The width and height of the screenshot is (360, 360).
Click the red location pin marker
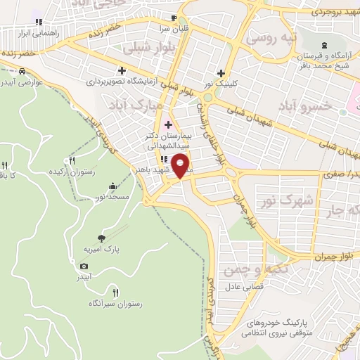[181, 165]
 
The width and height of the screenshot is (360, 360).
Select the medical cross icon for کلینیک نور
[221, 72]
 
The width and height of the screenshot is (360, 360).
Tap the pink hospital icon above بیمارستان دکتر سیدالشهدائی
[169, 124]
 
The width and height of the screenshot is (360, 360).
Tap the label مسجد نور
[113, 197]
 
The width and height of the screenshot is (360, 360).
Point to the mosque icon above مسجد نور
[113, 186]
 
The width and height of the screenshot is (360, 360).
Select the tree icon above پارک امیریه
[102, 238]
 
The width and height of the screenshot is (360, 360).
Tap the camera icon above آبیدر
[84, 266]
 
